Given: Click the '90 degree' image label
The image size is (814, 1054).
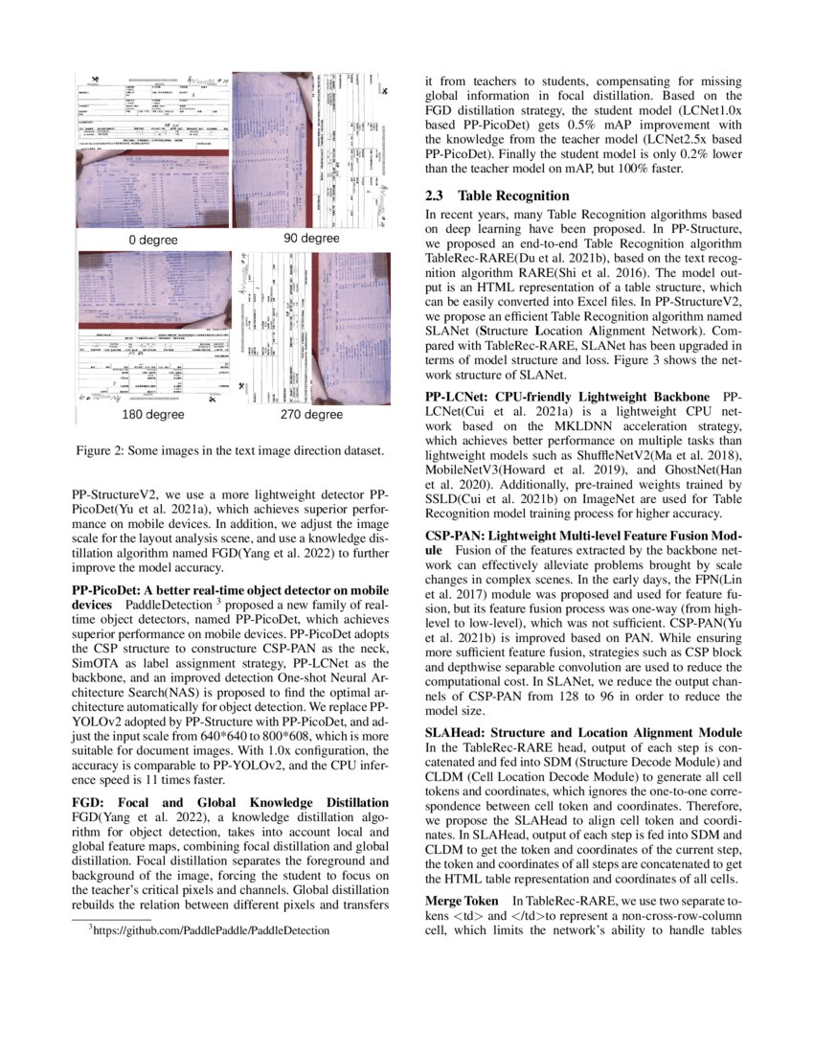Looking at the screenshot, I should pos(311,238).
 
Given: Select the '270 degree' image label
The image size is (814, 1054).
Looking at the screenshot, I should pos(311,415).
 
